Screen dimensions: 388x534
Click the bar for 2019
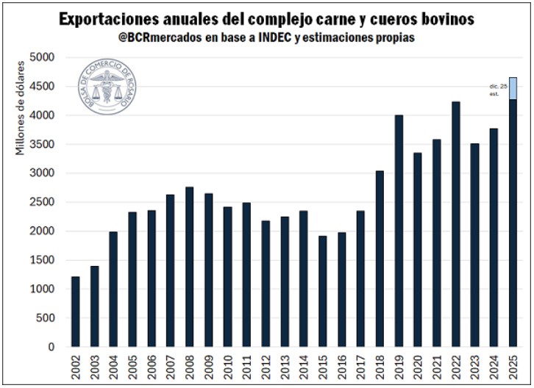399,231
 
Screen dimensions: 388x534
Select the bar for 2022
456,224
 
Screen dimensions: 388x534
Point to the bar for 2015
323,291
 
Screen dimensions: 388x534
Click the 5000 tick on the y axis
44,57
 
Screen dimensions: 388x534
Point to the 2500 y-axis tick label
44,202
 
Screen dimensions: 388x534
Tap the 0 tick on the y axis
51,347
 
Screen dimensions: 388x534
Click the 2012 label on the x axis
266,365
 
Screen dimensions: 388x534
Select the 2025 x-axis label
513,365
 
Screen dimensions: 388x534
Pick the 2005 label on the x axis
133,365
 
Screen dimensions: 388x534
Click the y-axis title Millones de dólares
21,109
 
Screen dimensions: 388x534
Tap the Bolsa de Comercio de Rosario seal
108,89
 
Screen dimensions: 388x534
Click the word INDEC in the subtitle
293,37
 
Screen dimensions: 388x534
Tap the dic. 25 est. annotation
498,90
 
